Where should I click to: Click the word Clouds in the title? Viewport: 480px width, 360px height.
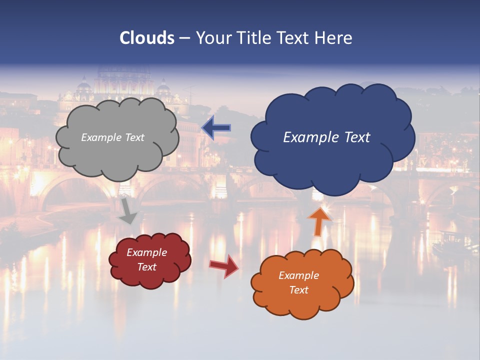147,38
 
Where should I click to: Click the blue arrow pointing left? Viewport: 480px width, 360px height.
216,128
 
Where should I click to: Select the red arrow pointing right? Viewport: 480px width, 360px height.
224,266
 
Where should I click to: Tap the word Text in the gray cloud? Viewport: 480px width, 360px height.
134,137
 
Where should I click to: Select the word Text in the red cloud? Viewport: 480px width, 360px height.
147,267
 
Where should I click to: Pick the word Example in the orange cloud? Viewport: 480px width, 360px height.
298,275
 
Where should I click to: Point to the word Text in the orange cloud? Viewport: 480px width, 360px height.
298,290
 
